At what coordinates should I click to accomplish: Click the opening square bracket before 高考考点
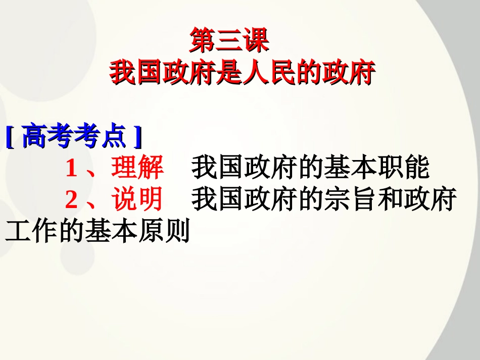(10, 137)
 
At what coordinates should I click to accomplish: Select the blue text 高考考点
(74, 137)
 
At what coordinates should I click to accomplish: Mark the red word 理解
(137, 168)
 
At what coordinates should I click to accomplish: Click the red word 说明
(137, 200)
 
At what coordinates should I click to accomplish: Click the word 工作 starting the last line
(30, 232)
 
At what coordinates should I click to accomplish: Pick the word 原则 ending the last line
(164, 232)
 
